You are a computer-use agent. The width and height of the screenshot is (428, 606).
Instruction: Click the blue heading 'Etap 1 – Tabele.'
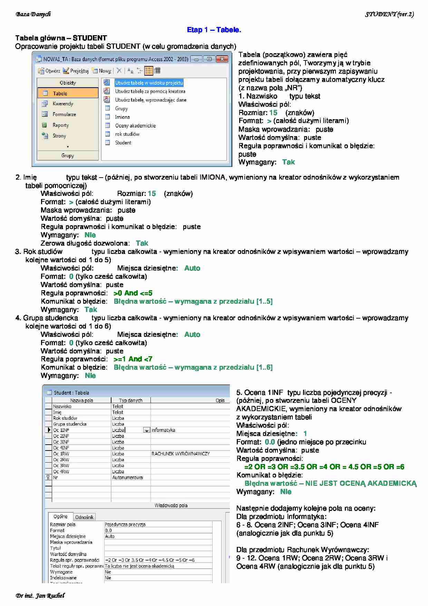[x=214, y=30]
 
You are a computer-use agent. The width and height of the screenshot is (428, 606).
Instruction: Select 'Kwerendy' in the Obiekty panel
[x=62, y=104]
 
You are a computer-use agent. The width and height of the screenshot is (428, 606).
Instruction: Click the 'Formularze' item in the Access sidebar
[x=64, y=114]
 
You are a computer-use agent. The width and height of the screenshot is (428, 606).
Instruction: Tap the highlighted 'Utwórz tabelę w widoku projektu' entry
[x=149, y=83]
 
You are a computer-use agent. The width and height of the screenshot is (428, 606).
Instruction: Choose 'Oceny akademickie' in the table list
[x=135, y=126]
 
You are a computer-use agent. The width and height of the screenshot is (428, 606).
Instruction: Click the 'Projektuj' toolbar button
[x=79, y=71]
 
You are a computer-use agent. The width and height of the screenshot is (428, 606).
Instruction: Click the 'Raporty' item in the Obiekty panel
[x=60, y=125]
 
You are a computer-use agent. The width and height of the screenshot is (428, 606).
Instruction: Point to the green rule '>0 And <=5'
[x=133, y=293]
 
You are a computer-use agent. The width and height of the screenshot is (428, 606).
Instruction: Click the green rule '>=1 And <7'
[x=133, y=359]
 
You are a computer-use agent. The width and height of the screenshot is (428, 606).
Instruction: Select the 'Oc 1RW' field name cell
[x=61, y=454]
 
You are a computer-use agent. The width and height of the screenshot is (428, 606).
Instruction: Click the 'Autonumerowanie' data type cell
[x=127, y=477]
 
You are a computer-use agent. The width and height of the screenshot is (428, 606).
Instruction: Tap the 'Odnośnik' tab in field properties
[x=84, y=517]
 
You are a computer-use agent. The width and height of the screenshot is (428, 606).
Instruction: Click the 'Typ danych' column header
[x=130, y=400]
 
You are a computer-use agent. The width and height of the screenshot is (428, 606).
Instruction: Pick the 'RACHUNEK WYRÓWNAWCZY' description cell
[x=181, y=454]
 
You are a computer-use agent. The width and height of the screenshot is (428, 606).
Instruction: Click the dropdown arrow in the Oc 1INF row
[x=147, y=430]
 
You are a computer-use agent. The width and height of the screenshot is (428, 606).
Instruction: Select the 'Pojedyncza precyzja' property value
[x=125, y=524]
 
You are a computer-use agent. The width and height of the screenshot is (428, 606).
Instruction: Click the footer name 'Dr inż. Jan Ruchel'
[x=40, y=596]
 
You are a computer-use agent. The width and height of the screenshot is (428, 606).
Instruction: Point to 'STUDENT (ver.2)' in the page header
[x=389, y=14]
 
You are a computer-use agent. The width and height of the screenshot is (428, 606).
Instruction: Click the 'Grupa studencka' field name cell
[x=70, y=424]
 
